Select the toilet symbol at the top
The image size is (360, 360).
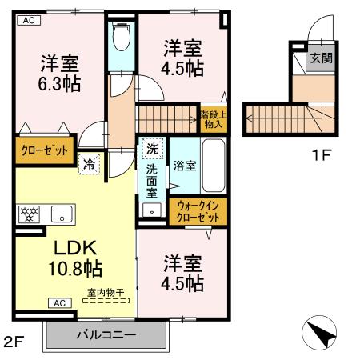122,38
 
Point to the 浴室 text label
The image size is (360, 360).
184,167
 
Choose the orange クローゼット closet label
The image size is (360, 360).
43,151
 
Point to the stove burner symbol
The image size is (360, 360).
27,214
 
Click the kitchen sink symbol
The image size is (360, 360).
61,214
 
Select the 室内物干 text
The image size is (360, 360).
106,293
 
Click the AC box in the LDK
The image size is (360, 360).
61,303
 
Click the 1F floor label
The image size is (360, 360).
321,155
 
